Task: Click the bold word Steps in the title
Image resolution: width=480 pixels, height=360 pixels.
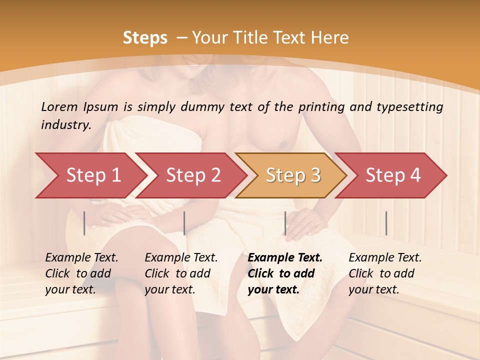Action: [x=145, y=37]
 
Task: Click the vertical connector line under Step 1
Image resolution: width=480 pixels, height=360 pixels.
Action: [x=84, y=223]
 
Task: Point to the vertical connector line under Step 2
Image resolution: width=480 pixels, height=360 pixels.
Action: [x=184, y=223]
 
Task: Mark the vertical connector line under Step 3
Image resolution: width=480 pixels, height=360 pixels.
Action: [x=285, y=223]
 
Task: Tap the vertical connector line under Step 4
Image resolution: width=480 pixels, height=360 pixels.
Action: [x=386, y=223]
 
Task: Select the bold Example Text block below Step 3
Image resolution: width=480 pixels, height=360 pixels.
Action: [x=285, y=273]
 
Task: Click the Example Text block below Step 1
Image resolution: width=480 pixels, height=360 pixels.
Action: [x=81, y=273]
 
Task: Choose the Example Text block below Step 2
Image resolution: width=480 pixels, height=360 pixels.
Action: [x=181, y=273]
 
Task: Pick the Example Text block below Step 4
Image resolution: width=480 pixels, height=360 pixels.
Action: [x=385, y=273]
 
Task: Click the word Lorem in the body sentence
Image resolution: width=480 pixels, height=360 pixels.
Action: [x=59, y=107]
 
